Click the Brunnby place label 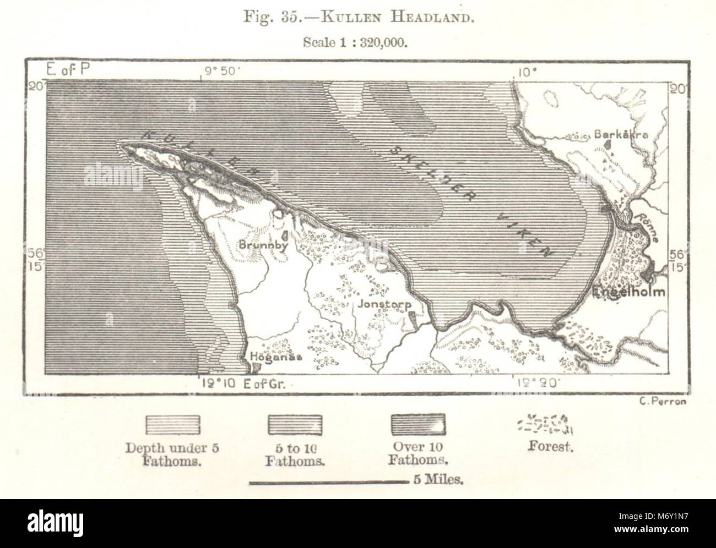pyautogui.click(x=263, y=246)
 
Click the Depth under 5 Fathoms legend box pyautogui.click(x=172, y=425)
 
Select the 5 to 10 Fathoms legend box pyautogui.click(x=295, y=425)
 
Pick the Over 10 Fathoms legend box pyautogui.click(x=418, y=425)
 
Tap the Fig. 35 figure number pyautogui.click(x=270, y=17)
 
